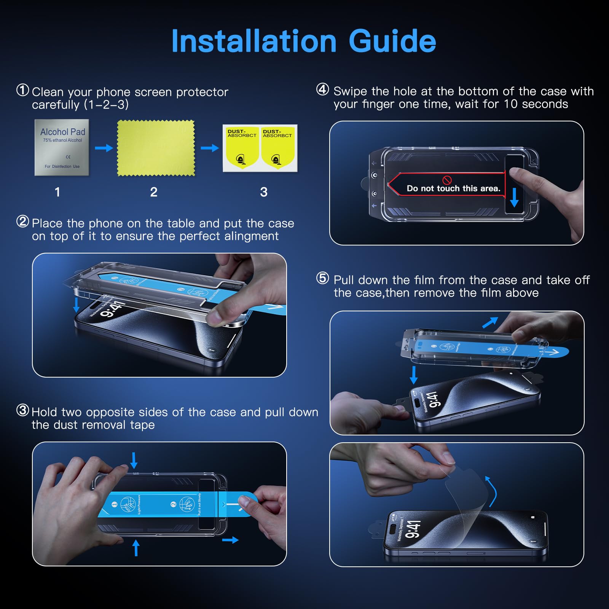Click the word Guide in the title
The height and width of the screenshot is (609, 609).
tap(392, 41)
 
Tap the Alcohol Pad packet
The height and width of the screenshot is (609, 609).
tap(62, 148)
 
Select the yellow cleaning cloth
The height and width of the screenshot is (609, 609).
tap(156, 148)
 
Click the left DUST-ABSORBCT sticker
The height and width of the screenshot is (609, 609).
tap(242, 148)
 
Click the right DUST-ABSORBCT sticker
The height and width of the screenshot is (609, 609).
tap(277, 148)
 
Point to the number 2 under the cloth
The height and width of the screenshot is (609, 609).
tap(154, 192)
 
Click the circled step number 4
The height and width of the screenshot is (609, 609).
tap(322, 90)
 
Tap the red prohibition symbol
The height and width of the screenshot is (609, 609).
tap(447, 180)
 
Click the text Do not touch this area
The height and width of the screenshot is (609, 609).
tap(453, 188)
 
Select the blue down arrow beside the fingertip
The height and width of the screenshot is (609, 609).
tap(514, 197)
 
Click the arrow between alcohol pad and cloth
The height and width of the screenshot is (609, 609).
tap(104, 148)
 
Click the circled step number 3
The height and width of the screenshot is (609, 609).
tap(22, 410)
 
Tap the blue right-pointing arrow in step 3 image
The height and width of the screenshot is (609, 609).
tap(230, 540)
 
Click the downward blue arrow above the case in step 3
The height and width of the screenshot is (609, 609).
tap(134, 460)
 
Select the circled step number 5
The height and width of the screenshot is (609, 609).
tap(322, 279)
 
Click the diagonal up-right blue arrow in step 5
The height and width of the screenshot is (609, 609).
tap(490, 322)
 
